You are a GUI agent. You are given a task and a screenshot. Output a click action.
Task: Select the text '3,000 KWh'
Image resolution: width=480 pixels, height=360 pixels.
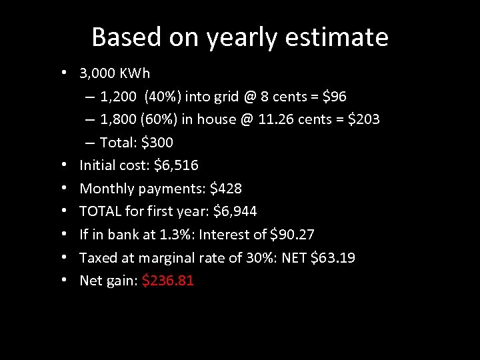(x=115, y=73)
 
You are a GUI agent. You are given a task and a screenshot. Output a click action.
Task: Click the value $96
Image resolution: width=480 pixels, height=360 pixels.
(x=334, y=97)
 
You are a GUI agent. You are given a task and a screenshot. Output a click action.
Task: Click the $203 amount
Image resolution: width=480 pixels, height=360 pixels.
(x=362, y=119)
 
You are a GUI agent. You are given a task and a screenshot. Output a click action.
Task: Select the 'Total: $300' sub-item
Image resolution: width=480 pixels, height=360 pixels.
(x=136, y=142)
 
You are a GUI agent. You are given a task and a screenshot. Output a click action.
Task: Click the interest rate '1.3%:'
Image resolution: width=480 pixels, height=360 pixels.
(x=177, y=235)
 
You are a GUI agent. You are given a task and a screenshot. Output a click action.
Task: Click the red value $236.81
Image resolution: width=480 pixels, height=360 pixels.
(x=168, y=281)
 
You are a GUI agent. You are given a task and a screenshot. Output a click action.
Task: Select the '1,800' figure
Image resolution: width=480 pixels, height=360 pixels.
(x=117, y=119)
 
